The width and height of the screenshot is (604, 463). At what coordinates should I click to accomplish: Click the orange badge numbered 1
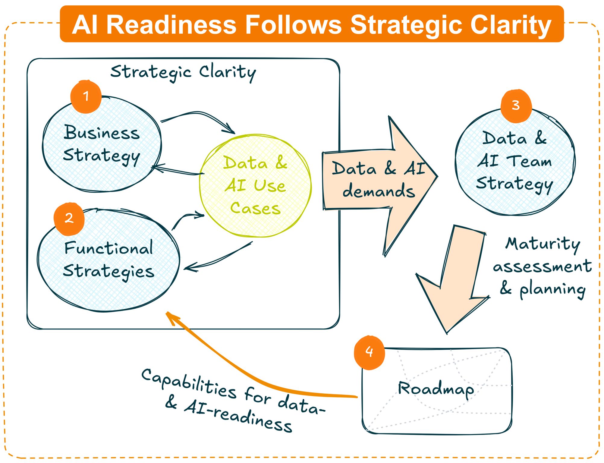(x=86, y=97)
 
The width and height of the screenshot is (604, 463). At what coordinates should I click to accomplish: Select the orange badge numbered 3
(x=516, y=106)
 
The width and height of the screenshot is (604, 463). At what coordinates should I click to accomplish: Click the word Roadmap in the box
(x=436, y=389)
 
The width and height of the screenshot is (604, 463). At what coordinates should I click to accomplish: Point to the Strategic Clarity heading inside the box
(x=183, y=72)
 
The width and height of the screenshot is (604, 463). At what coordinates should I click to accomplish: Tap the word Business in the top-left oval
(x=102, y=133)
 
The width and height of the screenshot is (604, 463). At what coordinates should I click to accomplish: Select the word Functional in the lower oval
(x=109, y=248)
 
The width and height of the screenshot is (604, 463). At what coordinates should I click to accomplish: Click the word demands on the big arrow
(x=379, y=191)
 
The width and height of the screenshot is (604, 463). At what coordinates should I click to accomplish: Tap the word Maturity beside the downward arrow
(x=543, y=244)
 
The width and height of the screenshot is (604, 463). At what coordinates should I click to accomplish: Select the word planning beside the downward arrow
(x=552, y=290)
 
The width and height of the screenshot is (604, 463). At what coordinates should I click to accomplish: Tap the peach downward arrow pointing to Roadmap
(x=455, y=280)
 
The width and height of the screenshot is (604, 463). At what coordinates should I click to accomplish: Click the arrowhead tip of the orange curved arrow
(x=168, y=314)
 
